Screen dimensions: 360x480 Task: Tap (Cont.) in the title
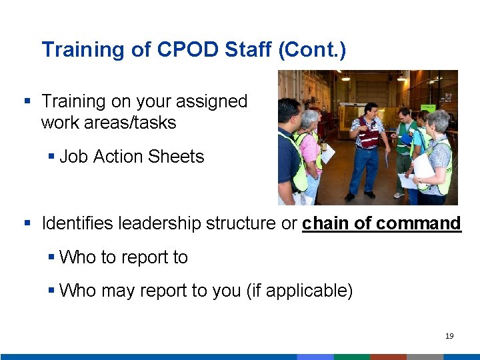313,50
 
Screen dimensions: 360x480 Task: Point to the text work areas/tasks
108,123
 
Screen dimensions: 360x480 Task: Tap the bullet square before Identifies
28,223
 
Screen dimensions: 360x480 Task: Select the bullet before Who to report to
51,257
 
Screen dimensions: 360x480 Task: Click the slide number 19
449,336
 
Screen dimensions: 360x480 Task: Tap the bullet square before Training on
28,101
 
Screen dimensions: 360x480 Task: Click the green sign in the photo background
429,107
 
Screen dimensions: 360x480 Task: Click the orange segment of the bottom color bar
388,357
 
